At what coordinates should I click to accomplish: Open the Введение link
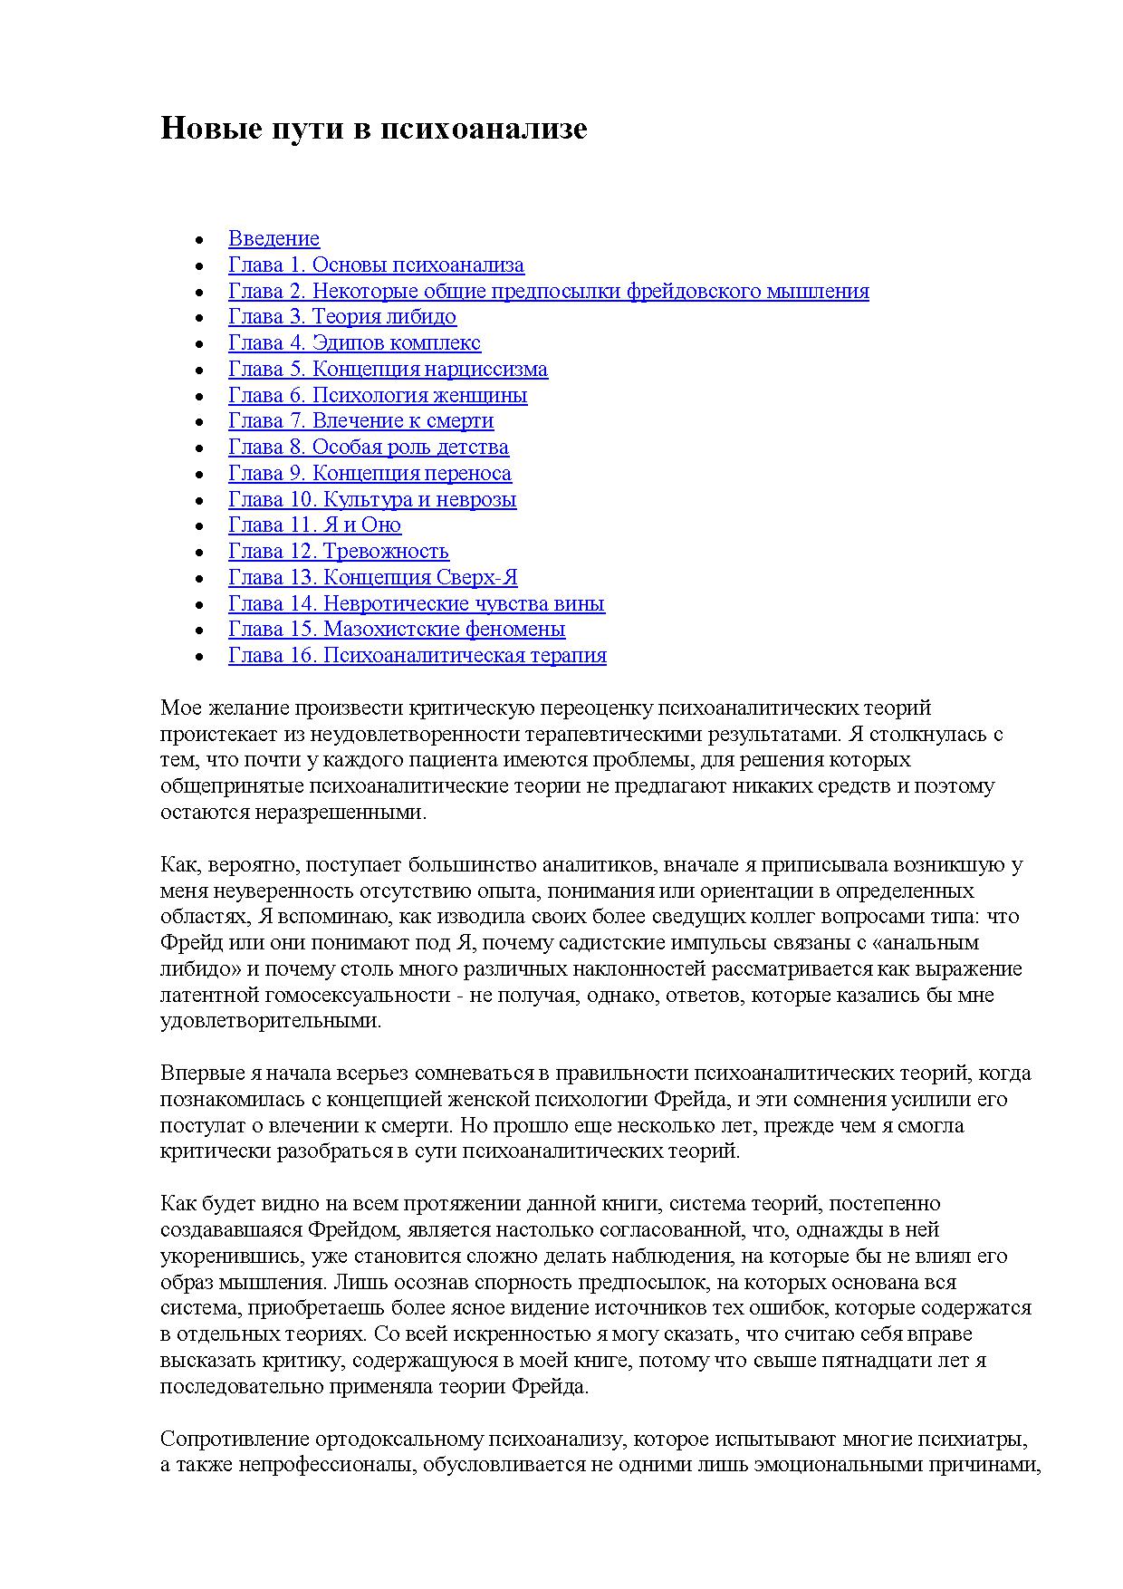pyautogui.click(x=274, y=238)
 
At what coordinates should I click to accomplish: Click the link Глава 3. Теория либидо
pyautogui.click(x=342, y=316)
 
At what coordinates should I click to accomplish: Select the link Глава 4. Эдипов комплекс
pyautogui.click(x=354, y=342)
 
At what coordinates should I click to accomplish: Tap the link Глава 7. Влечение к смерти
pyautogui.click(x=360, y=420)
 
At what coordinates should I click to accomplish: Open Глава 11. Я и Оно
pyautogui.click(x=314, y=525)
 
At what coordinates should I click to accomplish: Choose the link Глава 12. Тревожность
pyautogui.click(x=338, y=551)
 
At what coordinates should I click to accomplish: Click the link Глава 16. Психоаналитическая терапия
pyautogui.click(x=417, y=655)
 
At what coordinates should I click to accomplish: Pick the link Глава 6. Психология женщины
pyautogui.click(x=378, y=395)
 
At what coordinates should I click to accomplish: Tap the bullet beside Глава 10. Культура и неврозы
pyautogui.click(x=199, y=501)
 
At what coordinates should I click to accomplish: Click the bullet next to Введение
pyautogui.click(x=199, y=240)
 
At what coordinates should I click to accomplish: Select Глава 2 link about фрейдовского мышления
pyautogui.click(x=548, y=291)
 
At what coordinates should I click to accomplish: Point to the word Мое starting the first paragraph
pyautogui.click(x=178, y=708)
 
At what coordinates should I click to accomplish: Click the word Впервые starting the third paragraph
pyautogui.click(x=202, y=1074)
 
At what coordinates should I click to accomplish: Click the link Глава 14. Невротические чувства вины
pyautogui.click(x=417, y=603)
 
